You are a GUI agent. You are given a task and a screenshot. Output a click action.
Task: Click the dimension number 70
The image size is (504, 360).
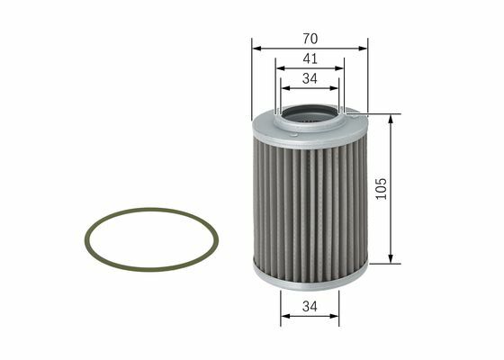click(310, 39)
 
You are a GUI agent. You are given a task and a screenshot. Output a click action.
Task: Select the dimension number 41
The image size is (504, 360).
click(310, 58)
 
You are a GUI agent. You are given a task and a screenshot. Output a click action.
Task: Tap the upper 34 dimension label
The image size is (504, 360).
click(310, 78)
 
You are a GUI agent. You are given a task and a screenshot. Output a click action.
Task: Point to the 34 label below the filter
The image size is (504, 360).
click(310, 306)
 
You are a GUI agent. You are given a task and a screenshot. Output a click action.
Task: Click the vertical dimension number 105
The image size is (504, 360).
click(382, 189)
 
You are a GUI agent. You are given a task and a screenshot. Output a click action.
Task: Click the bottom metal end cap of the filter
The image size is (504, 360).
click(310, 278)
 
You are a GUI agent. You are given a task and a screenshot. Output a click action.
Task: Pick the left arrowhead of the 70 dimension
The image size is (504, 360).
click(256, 49)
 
